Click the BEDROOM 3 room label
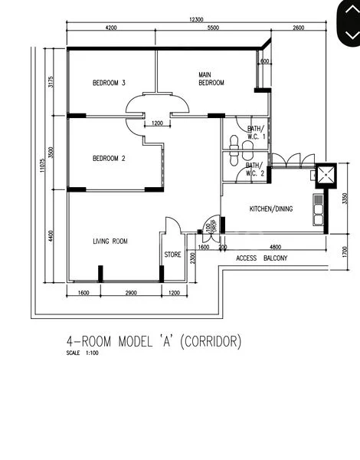pyautogui.click(x=109, y=83)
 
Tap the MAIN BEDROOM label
pyautogui.click(x=211, y=79)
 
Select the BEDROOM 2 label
pyautogui.click(x=109, y=159)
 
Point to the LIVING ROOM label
pyautogui.click(x=110, y=242)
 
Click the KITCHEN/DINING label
pyautogui.click(x=270, y=209)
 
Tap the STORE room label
pyautogui.click(x=173, y=255)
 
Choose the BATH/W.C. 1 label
pyautogui.click(x=256, y=132)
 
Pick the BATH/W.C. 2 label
pyautogui.click(x=254, y=169)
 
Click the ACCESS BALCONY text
pyautogui.click(x=262, y=258)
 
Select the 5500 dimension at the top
pyautogui.click(x=213, y=28)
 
